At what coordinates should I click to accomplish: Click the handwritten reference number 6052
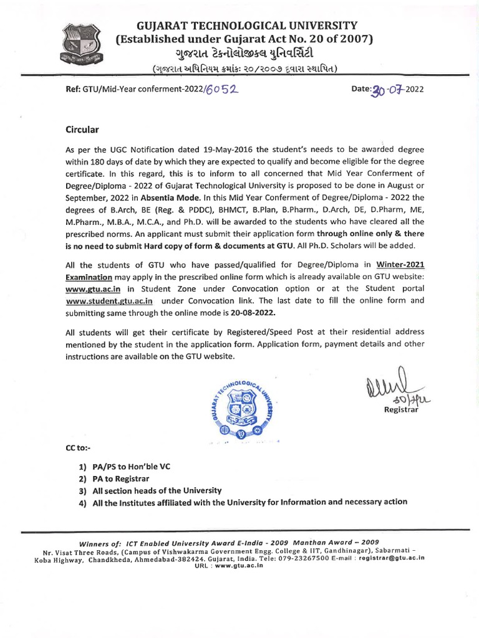(x=223, y=89)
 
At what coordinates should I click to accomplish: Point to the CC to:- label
(x=79, y=449)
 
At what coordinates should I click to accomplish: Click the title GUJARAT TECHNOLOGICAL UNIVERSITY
(x=247, y=26)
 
